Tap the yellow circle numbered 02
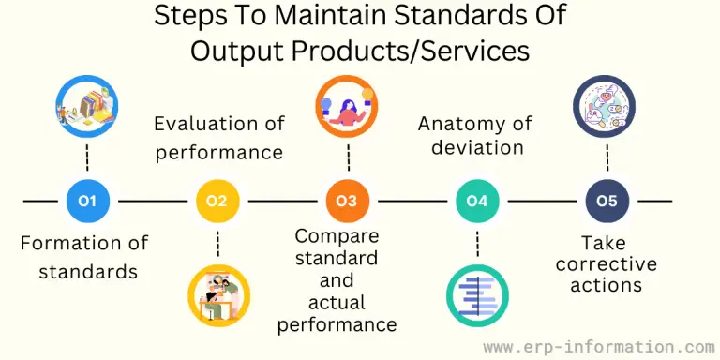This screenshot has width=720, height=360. pyautogui.click(x=217, y=201)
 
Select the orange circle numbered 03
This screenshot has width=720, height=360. pyautogui.click(x=347, y=201)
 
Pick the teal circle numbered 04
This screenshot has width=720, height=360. pyautogui.click(x=477, y=201)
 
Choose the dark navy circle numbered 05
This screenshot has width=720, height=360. pyautogui.click(x=607, y=201)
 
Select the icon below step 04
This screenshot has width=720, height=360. pyautogui.click(x=477, y=296)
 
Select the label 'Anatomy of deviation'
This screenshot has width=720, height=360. pyautogui.click(x=474, y=136)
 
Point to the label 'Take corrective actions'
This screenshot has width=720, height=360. pyautogui.click(x=607, y=263)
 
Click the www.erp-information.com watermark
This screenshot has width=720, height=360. pyautogui.click(x=598, y=347)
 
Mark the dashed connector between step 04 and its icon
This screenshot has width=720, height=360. pyautogui.click(x=477, y=244)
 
